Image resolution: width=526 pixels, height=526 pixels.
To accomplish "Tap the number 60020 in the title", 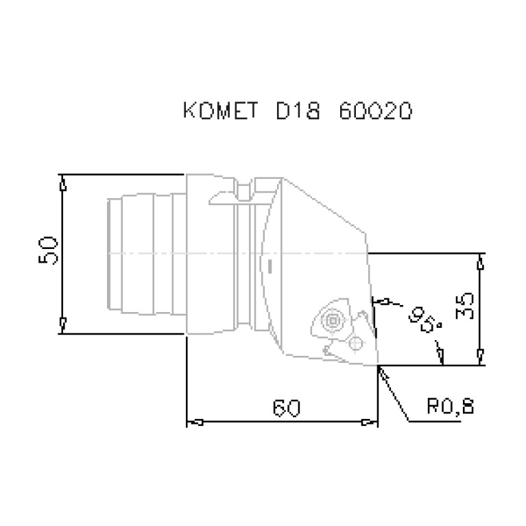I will pyautogui.click(x=375, y=112).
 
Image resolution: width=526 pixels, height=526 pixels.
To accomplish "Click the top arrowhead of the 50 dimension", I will pyautogui.click(x=63, y=183).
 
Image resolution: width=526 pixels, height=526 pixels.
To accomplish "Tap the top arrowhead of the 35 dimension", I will pyautogui.click(x=481, y=262).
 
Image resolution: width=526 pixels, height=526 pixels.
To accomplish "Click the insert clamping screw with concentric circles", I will pyautogui.click(x=333, y=320).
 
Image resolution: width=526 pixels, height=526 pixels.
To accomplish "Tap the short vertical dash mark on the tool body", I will pyautogui.click(x=271, y=264).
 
